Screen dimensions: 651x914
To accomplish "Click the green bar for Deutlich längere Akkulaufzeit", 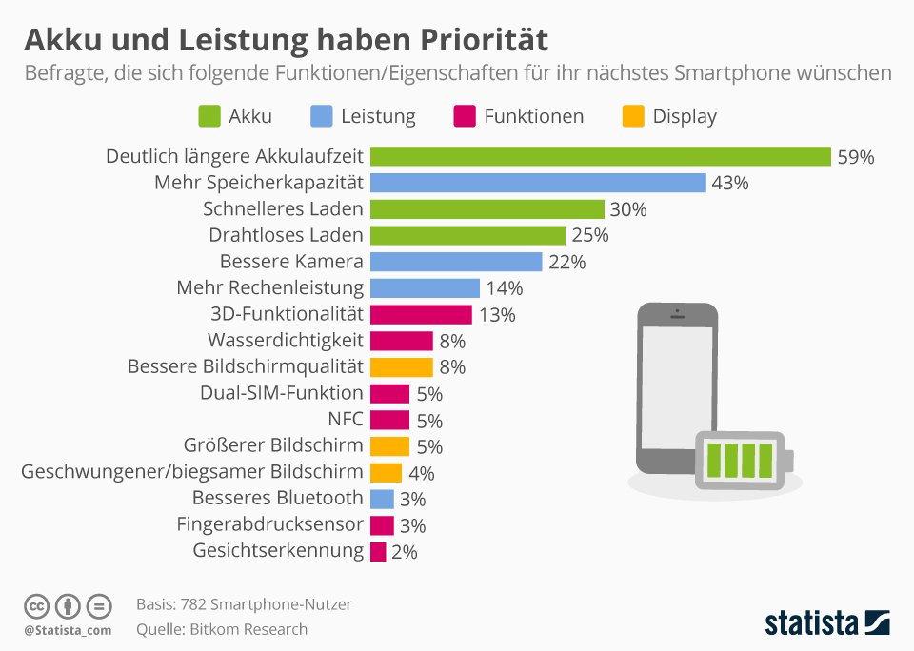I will [601, 157].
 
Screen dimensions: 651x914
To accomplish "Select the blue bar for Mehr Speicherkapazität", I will [538, 183].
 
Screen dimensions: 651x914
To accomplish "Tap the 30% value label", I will [628, 209].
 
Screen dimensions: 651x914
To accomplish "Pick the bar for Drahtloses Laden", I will [467, 235].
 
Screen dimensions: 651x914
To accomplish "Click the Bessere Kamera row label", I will [291, 262].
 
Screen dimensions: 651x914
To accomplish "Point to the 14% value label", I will [504, 288].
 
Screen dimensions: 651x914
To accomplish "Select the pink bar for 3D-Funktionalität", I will [421, 314].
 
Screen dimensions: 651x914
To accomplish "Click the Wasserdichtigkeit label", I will [285, 340].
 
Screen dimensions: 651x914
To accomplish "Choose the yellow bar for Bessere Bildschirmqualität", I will [401, 366].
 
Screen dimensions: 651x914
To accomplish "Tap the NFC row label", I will [345, 419].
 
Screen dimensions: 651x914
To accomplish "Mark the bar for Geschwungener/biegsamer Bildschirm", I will [386, 472].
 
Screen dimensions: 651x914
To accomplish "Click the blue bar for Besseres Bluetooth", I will [382, 499].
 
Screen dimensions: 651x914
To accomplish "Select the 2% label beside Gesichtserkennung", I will [405, 551].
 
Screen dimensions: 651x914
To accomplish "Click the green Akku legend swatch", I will [209, 116].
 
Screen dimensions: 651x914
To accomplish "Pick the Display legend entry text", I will [684, 116].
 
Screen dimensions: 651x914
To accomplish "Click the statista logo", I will [827, 623].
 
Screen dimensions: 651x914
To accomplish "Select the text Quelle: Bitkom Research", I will [222, 629].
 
